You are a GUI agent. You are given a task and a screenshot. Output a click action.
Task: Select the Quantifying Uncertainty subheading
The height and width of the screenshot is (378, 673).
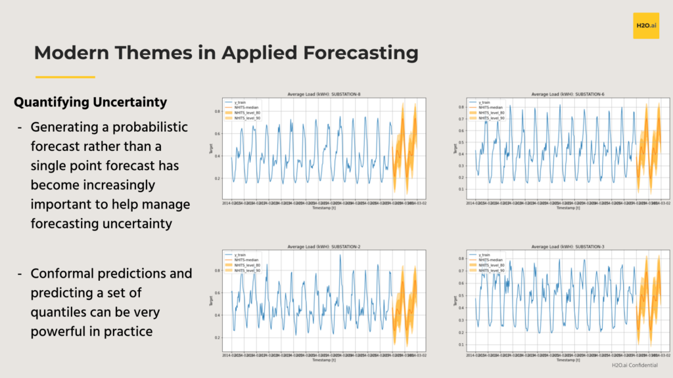pos(90,103)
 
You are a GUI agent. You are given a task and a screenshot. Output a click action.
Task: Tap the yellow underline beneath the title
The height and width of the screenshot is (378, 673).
pos(65,77)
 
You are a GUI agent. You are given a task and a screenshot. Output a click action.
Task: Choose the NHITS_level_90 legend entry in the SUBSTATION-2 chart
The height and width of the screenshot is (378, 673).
pos(247,271)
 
